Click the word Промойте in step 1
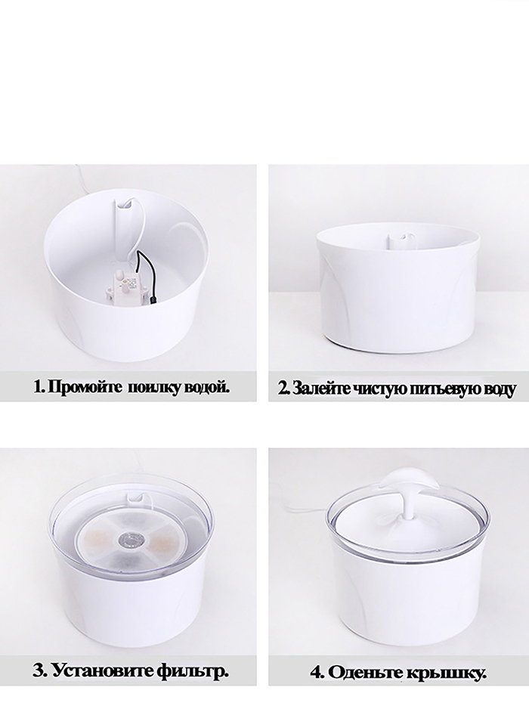(x=85, y=387)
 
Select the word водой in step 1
(x=204, y=387)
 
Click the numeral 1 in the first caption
(x=37, y=387)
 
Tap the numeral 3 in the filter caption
(x=39, y=671)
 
